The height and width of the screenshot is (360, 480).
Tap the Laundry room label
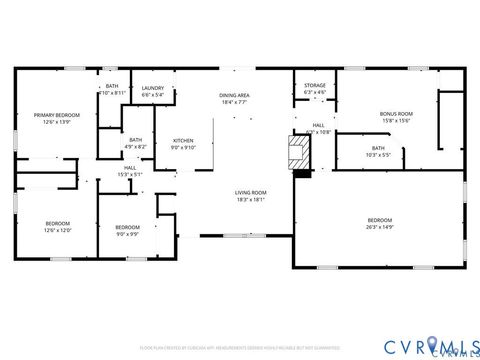153,88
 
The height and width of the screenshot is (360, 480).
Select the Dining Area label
234,95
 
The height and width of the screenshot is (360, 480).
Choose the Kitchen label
183,140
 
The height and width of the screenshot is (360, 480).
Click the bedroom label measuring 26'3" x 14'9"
379,220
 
